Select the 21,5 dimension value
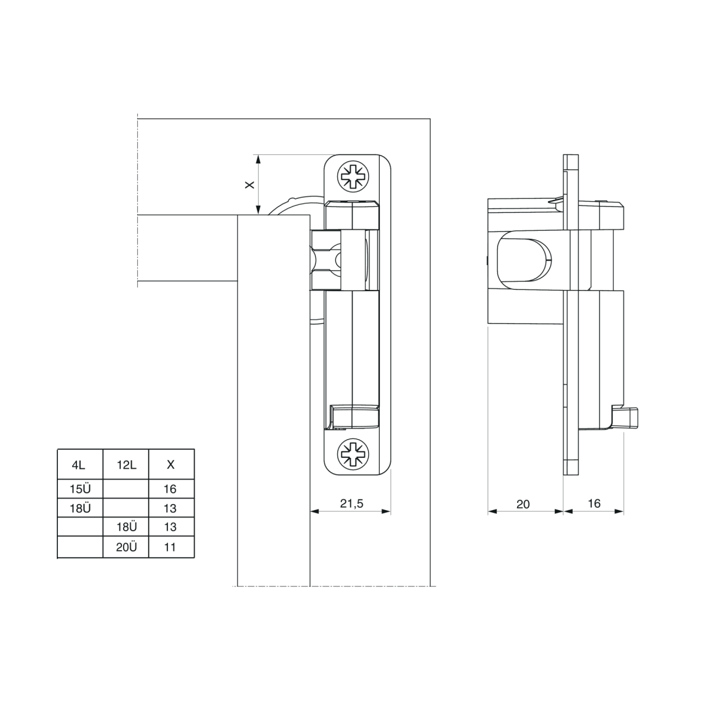point(351,504)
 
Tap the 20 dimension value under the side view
point(523,504)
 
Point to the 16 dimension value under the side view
point(594,504)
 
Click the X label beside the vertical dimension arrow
point(250,185)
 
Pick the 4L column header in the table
point(79,464)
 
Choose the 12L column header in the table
point(126,464)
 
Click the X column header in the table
point(170,464)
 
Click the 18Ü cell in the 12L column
point(126,527)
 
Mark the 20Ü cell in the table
point(126,547)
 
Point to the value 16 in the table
point(170,489)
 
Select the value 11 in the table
point(170,547)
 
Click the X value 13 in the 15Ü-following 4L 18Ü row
point(170,508)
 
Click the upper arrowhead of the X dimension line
point(257,159)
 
